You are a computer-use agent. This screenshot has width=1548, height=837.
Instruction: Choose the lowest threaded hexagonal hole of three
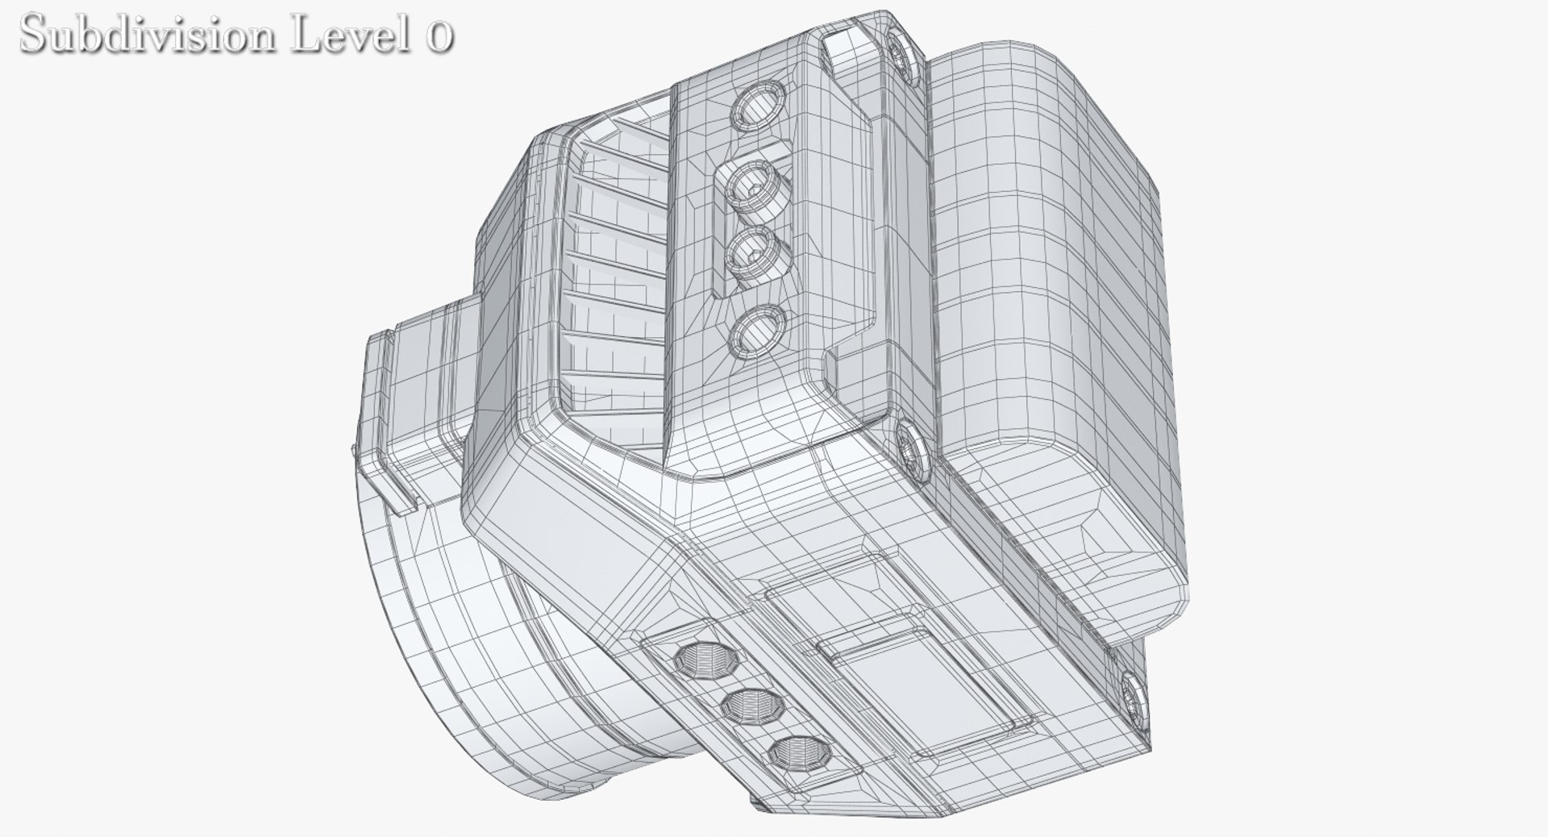point(790,755)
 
